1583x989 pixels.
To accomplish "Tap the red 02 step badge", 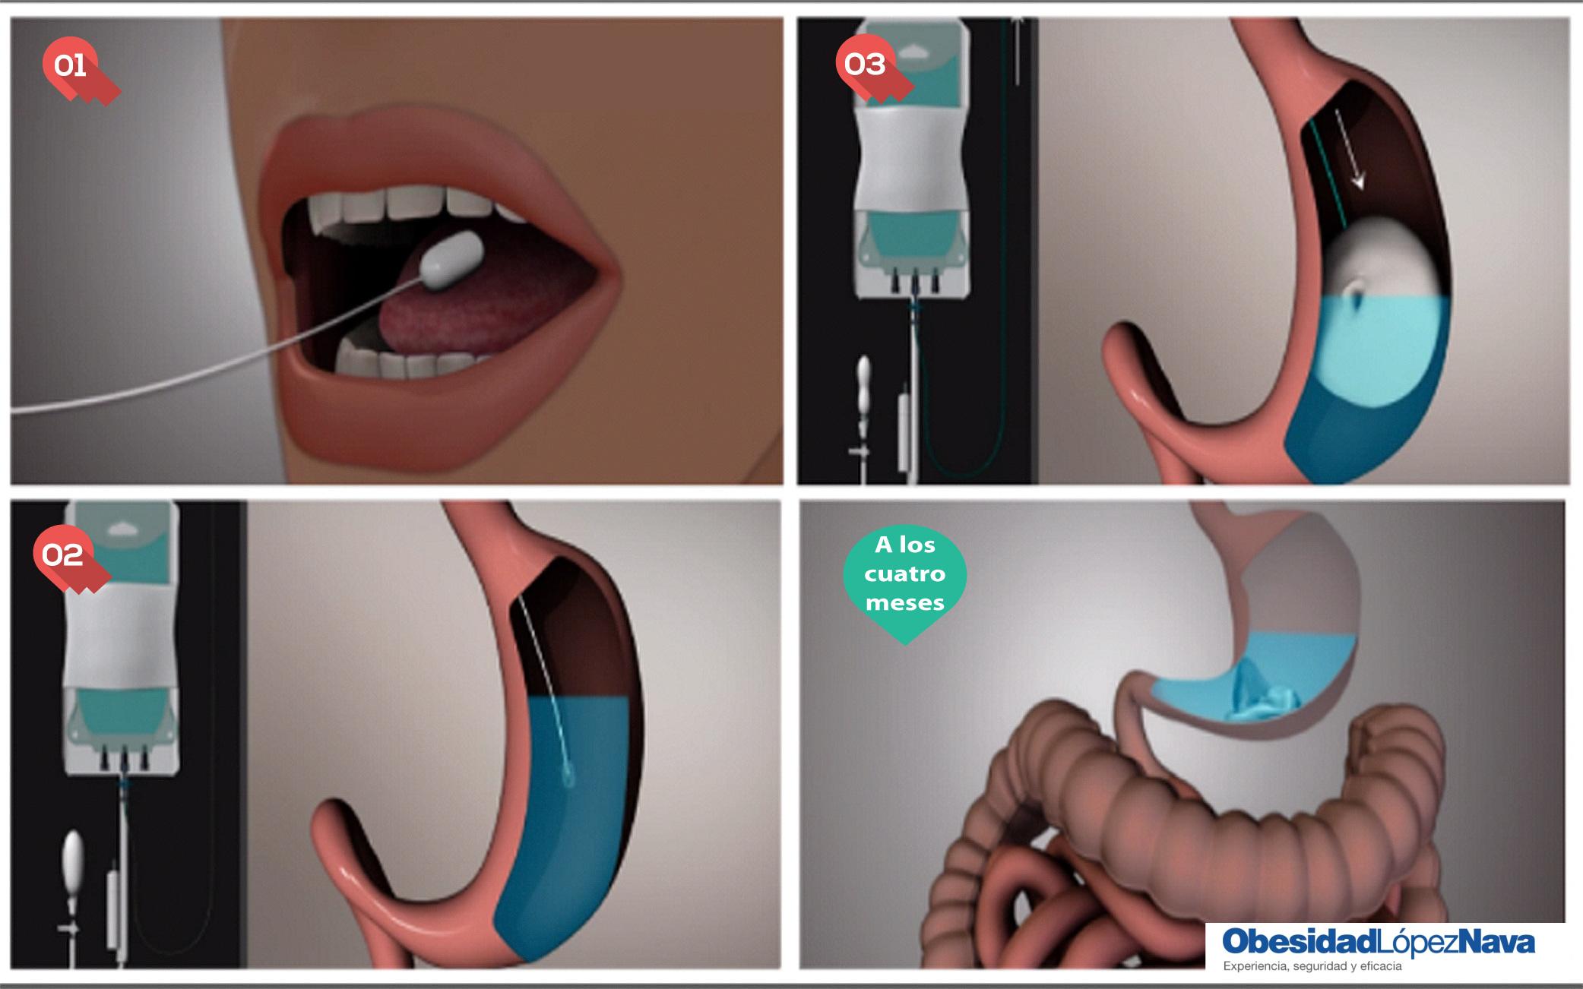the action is tap(68, 558).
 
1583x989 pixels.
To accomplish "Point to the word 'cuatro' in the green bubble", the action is tap(904, 573).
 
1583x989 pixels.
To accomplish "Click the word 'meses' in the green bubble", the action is tap(904, 603).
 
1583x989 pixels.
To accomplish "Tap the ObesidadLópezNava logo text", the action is tap(1378, 942).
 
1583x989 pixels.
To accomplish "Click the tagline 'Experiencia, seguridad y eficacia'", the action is tap(1312, 967).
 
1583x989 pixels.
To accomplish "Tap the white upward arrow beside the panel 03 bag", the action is tap(1017, 49).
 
